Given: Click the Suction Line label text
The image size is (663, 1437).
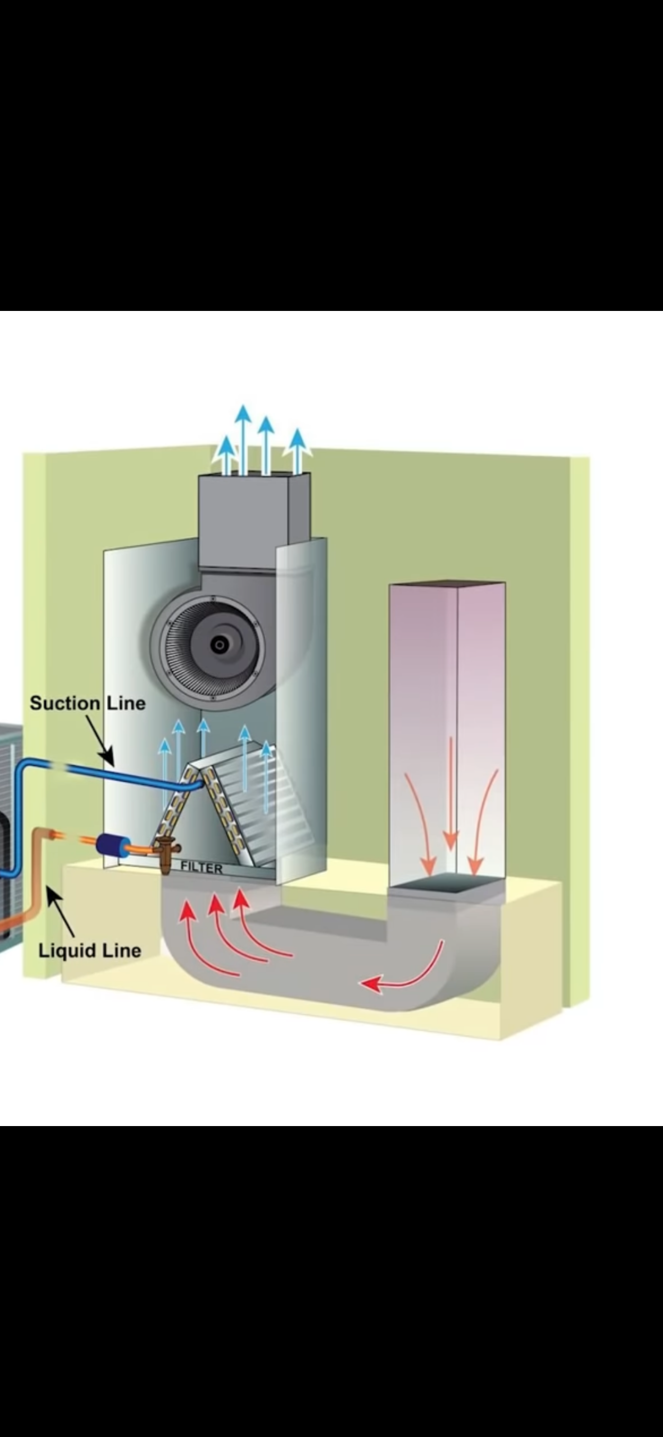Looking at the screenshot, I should pos(87,703).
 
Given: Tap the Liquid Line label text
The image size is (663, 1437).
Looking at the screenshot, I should pos(89,950).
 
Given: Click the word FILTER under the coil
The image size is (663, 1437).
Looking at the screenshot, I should pos(201,868).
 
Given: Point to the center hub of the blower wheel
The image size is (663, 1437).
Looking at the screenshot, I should pos(219,645).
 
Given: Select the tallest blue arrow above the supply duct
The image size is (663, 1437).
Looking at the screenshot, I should pos(243,438).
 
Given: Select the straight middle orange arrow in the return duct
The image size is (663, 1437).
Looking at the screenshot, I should pos(450,793).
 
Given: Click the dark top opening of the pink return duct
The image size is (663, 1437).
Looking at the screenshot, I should pos(447,583).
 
